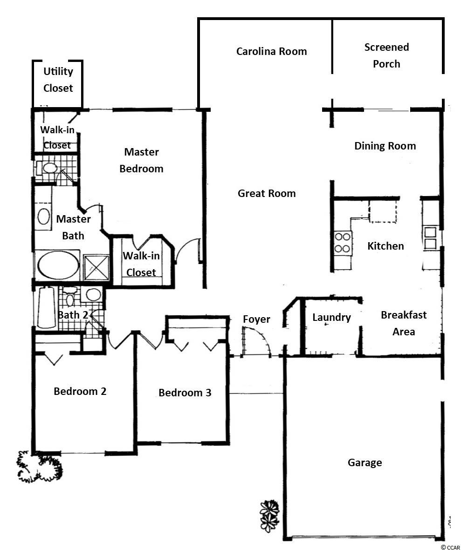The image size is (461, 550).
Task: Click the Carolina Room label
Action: (271, 52)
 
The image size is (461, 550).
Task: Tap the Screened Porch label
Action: (386, 55)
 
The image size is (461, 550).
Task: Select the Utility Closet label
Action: (58, 80)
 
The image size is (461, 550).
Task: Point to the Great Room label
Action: (267, 193)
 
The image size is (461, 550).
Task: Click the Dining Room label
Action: (385, 146)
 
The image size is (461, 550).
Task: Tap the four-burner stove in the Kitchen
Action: (342, 242)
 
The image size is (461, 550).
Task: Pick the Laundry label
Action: (331, 318)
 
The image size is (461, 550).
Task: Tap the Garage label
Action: (365, 462)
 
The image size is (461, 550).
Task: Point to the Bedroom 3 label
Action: (185, 393)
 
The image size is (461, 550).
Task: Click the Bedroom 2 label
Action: (80, 391)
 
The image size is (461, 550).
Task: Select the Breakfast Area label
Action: (404, 323)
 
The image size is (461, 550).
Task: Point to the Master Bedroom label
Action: (142, 160)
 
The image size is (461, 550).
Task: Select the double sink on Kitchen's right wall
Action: (430, 238)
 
